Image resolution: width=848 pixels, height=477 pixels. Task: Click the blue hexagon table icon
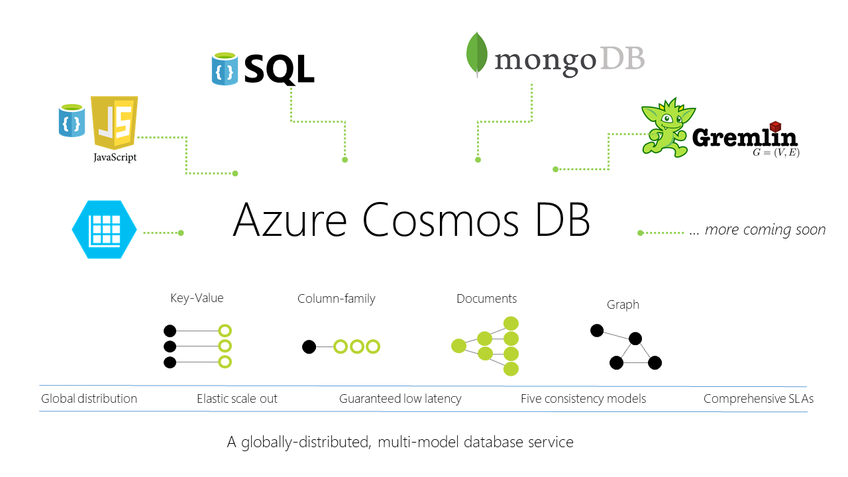(x=104, y=230)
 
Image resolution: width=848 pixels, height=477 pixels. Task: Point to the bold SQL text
(x=279, y=69)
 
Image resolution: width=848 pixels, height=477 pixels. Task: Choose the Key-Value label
(x=197, y=298)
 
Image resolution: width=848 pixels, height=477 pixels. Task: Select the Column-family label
(x=336, y=299)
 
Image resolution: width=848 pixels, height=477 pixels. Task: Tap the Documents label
(x=486, y=299)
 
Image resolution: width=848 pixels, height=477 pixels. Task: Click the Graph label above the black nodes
(x=623, y=305)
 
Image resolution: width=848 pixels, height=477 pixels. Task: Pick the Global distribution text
(x=89, y=399)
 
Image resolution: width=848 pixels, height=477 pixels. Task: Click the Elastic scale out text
(x=237, y=399)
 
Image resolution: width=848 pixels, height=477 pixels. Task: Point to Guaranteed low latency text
(x=400, y=399)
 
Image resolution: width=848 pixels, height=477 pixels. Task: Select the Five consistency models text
(x=583, y=399)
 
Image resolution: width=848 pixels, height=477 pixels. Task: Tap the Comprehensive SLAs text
(x=759, y=399)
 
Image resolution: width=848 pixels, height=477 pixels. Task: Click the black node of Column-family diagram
(x=309, y=346)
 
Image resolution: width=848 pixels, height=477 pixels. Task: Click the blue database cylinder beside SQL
(x=225, y=70)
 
